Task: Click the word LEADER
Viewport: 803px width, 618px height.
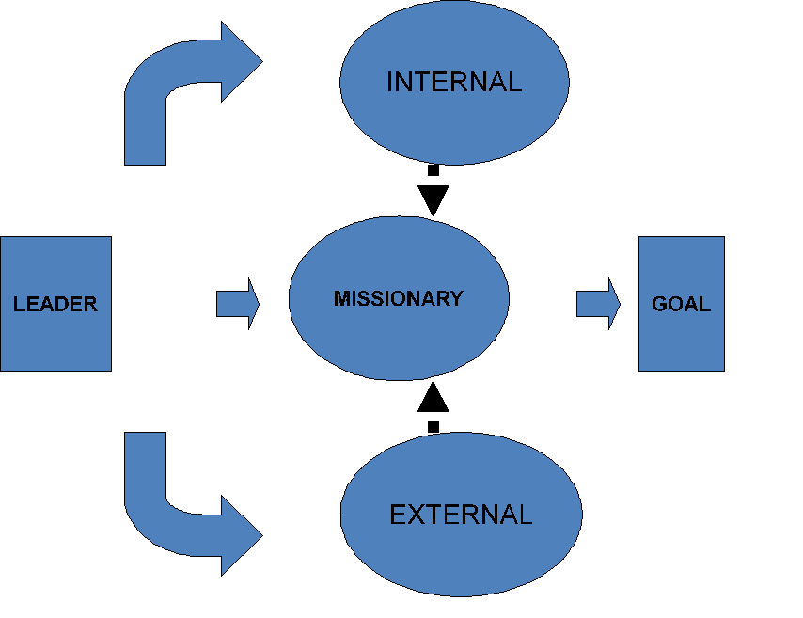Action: point(55,304)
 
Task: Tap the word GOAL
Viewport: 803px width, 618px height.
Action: point(681,304)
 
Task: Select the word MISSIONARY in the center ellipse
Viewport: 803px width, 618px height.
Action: point(398,298)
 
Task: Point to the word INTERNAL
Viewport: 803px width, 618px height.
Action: point(453,82)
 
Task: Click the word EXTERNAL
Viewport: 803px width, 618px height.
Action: point(460,515)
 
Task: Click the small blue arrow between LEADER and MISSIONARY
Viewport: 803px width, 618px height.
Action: point(237,304)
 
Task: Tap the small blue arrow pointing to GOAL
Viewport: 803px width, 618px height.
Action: point(598,304)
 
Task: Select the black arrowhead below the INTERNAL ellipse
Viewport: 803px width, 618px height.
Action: point(433,199)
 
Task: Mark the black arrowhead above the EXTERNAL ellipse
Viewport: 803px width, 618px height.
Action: point(433,399)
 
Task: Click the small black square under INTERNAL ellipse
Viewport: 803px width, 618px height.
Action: point(433,171)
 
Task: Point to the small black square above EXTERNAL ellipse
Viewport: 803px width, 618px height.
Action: point(433,427)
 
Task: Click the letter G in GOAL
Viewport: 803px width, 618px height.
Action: point(659,304)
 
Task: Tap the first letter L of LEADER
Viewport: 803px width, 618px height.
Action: point(18,304)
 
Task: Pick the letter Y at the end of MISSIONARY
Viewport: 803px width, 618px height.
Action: point(457,298)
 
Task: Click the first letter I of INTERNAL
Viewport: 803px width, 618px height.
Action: point(389,82)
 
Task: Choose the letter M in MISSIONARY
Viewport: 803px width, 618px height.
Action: point(340,298)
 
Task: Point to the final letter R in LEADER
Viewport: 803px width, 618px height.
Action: point(91,304)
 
